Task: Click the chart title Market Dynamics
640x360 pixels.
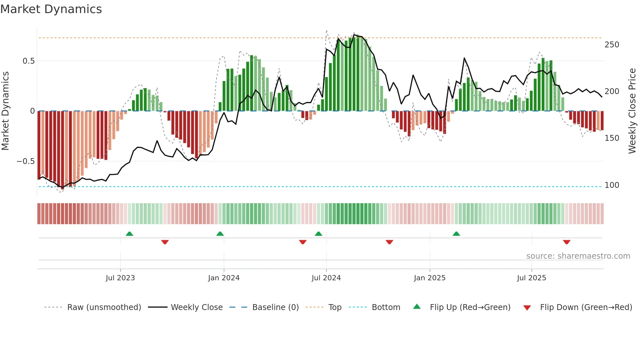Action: click(x=51, y=9)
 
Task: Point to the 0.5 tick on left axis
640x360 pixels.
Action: click(x=28, y=61)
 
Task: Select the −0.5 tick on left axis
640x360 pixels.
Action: click(x=25, y=161)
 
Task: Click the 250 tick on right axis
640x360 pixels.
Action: click(x=612, y=45)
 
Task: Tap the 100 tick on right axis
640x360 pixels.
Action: click(x=612, y=185)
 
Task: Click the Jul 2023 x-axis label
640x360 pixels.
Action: click(x=120, y=278)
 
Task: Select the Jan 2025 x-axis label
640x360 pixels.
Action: click(x=429, y=278)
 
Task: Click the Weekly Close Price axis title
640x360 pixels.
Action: click(x=632, y=111)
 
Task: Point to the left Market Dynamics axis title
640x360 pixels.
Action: click(x=5, y=111)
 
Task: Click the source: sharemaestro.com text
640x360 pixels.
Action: click(x=578, y=256)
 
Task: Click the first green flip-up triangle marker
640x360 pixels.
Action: click(x=129, y=234)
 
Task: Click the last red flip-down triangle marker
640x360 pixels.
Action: click(x=567, y=242)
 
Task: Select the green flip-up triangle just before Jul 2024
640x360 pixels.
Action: click(x=318, y=234)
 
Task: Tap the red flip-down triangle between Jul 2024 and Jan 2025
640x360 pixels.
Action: click(x=389, y=242)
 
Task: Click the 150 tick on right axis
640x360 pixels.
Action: click(x=612, y=138)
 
